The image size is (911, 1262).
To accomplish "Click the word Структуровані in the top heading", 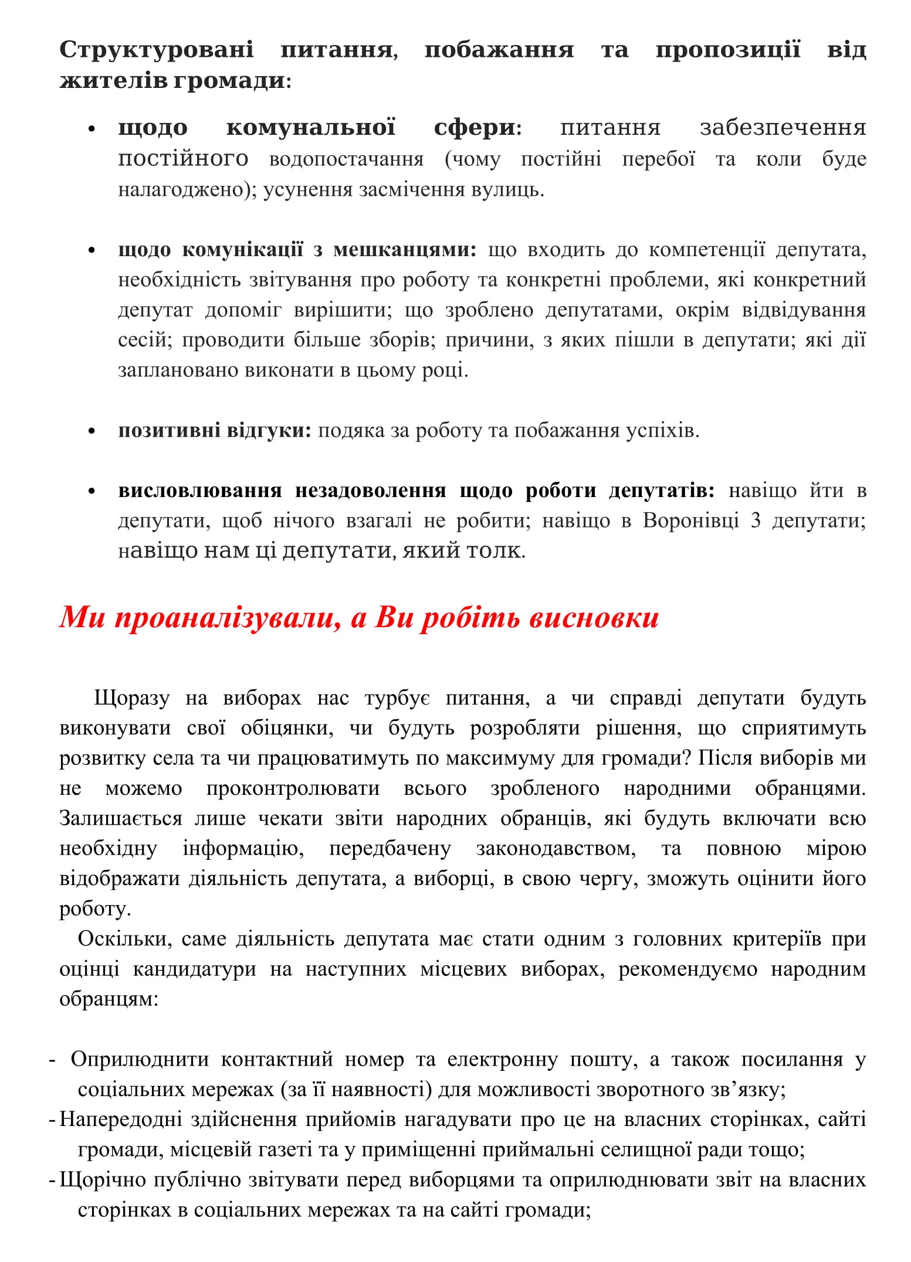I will coord(157,50).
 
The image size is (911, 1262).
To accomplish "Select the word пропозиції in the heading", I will coord(727,50).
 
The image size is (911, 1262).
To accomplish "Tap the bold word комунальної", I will coord(311,127).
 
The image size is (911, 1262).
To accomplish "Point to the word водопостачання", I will coord(346,159).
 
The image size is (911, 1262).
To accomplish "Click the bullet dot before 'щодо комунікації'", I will coord(91,250).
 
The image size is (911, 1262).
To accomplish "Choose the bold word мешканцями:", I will coord(405,250).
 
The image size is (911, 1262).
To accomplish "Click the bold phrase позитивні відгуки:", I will coord(215,431).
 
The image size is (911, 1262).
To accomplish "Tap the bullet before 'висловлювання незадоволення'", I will coord(91,491).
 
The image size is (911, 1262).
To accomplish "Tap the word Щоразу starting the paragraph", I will coord(132,698).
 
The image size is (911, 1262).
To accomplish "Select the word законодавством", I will coord(556,849).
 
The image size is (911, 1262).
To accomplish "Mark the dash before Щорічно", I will coord(52,1180).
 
